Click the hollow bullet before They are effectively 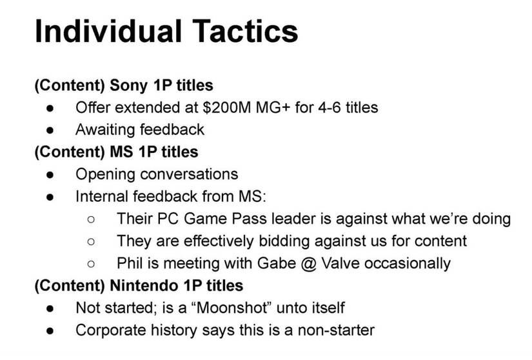pyautogui.click(x=91, y=241)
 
